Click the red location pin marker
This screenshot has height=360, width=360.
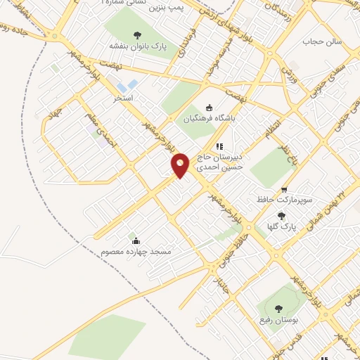point(181,165)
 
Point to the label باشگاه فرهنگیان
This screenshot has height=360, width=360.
point(207,119)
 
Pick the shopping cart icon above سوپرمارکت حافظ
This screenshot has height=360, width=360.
point(283,189)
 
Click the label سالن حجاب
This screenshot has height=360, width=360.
point(321,41)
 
